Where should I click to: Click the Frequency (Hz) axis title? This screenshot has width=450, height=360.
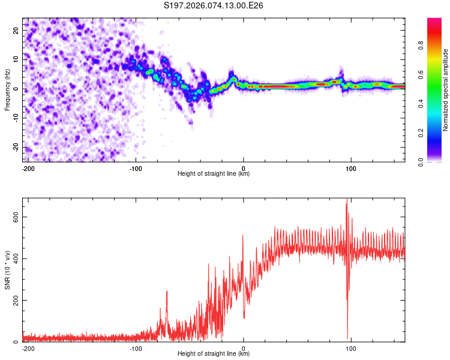point(7,89)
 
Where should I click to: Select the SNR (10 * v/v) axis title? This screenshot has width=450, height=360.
point(7,269)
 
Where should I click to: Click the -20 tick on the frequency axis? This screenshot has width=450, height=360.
point(16,148)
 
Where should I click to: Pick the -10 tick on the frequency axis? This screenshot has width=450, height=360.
point(16,118)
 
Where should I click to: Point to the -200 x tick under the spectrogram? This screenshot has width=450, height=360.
point(28,168)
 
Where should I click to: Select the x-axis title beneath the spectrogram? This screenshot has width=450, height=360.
point(214,174)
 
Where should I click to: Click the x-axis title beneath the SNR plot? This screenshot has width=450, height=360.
point(214,354)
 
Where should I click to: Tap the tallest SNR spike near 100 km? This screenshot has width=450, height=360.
point(346,201)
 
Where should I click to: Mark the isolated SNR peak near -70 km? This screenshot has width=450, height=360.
point(167,292)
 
